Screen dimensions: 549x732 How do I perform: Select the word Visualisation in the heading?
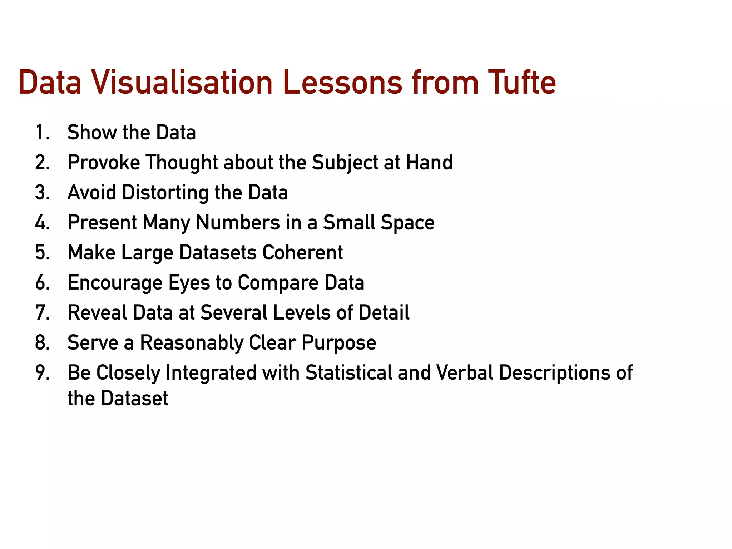(x=182, y=83)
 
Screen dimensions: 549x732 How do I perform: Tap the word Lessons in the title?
(x=343, y=83)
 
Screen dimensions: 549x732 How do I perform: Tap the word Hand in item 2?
(x=429, y=163)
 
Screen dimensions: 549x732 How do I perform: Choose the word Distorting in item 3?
(x=165, y=193)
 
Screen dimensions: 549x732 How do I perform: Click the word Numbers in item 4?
(x=238, y=223)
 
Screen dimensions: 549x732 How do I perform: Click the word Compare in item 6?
(x=278, y=283)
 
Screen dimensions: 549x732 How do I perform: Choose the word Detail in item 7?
(x=384, y=313)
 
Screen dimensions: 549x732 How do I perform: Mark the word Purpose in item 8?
(x=339, y=343)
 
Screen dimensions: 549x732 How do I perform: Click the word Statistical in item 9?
(x=349, y=373)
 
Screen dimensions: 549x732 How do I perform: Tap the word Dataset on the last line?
(x=134, y=399)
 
